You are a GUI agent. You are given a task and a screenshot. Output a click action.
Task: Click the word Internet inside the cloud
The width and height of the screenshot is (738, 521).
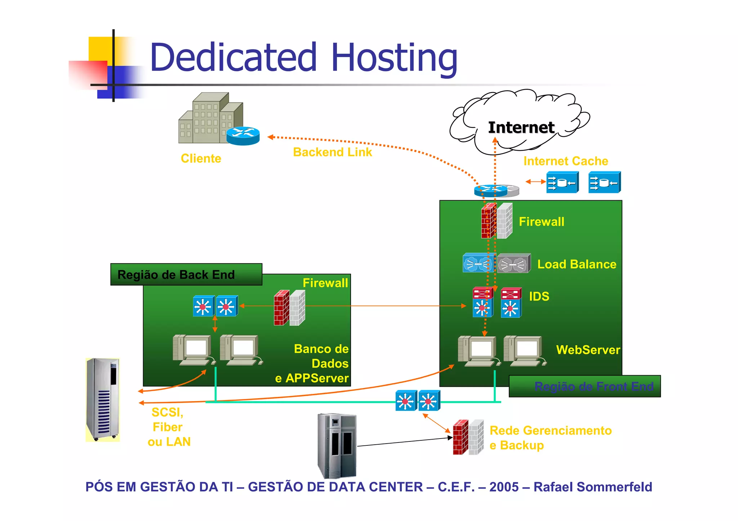pos(521,127)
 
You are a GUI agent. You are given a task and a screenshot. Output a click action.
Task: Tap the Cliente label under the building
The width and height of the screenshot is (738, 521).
pos(201,158)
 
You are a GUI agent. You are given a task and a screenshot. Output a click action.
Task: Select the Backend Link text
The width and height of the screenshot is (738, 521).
pos(332,152)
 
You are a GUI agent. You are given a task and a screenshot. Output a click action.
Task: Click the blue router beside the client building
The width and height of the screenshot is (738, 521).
pos(243,136)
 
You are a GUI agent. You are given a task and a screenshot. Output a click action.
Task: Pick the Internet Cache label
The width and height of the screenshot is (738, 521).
pos(565,161)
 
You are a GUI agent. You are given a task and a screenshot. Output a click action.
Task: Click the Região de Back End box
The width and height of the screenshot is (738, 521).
pos(186,274)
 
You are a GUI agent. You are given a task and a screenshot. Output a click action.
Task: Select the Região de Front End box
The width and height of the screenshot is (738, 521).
pos(584,386)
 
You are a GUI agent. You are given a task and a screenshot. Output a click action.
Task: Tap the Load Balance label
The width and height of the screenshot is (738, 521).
pos(577,264)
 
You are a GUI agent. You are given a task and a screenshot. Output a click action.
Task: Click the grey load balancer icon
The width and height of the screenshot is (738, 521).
pos(514,264)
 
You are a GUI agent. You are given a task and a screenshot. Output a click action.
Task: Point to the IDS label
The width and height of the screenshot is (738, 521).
pos(539,296)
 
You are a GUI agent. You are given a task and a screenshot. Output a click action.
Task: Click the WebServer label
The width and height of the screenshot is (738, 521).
pos(588,350)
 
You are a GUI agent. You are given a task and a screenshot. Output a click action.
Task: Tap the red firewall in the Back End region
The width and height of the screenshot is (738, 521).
pos(281,308)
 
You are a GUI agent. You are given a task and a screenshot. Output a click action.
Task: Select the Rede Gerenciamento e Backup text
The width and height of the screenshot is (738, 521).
pos(550,437)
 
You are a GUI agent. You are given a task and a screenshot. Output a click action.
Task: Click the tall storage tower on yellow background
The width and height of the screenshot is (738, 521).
pos(103,399)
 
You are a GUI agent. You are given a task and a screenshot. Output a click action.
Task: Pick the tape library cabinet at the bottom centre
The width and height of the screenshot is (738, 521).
pos(337,445)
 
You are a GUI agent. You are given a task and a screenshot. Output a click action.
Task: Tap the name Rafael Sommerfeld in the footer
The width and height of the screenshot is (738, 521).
pos(592,487)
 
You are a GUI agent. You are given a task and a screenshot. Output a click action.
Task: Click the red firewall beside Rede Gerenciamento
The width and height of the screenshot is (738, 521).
pos(460,437)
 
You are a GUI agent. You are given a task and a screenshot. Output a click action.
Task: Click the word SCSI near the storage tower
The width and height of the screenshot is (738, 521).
pos(167,412)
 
